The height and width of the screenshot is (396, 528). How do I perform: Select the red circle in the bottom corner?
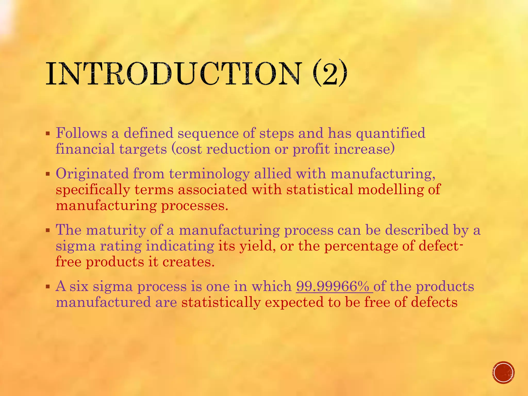coord(503,373)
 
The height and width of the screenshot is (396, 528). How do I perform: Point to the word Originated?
coord(92,173)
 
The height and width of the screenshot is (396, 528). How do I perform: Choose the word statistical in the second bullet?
coord(320,189)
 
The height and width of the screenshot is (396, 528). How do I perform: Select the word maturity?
coord(116,230)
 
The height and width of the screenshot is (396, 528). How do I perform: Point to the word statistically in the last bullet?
coord(221,302)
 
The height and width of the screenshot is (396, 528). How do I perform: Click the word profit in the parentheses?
coord(311,150)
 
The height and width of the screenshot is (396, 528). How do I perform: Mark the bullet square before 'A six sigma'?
coord(47,286)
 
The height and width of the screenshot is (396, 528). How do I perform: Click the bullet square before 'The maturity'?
coord(47,230)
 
